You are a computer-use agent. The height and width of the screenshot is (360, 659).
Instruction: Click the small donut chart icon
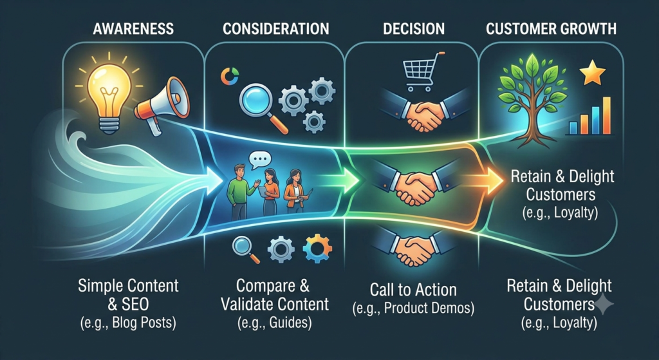coord(230,77)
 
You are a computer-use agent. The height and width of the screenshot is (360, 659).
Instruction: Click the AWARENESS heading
coord(134,28)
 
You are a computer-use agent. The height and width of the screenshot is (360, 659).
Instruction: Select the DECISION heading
coord(414,28)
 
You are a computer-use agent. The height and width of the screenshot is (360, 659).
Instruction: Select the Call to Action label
coord(413,290)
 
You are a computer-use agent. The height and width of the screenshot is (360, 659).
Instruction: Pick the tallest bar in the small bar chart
coord(606,115)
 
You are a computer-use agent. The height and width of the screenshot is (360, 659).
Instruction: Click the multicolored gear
coord(317,249)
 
